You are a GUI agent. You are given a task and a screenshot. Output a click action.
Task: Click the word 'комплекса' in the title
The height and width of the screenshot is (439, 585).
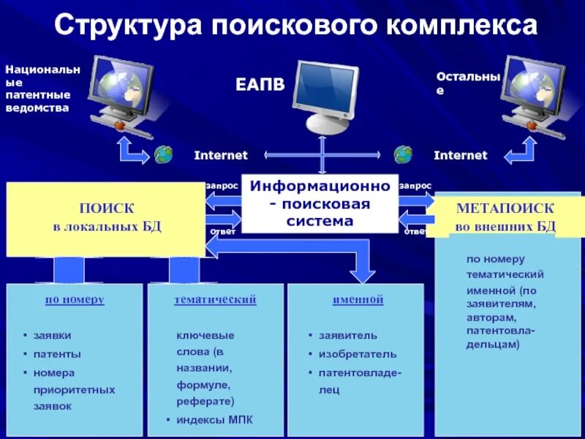pyautogui.click(x=464, y=26)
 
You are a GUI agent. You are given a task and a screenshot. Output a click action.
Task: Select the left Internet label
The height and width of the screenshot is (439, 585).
pyautogui.click(x=221, y=155)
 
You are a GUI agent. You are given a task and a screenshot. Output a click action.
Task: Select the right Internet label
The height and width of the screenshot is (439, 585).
pyautogui.click(x=460, y=155)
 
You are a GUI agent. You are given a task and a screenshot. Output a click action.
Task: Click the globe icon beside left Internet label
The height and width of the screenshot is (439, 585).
pyautogui.click(x=164, y=154)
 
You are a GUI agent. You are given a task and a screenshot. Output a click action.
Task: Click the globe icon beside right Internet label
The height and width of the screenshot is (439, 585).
pyautogui.click(x=403, y=154)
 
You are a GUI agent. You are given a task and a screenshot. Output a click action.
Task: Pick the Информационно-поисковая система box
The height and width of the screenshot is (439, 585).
pyautogui.click(x=320, y=203)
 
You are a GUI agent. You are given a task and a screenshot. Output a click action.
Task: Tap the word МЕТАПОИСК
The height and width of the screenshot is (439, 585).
pyautogui.click(x=505, y=208)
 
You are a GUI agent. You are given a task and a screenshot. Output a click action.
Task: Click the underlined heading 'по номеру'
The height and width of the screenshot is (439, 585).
pyautogui.click(x=75, y=299)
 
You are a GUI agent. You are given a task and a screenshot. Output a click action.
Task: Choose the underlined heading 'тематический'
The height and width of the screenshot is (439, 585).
pyautogui.click(x=215, y=299)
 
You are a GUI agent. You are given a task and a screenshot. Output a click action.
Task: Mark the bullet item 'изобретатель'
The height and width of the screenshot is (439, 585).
pyautogui.click(x=357, y=354)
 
